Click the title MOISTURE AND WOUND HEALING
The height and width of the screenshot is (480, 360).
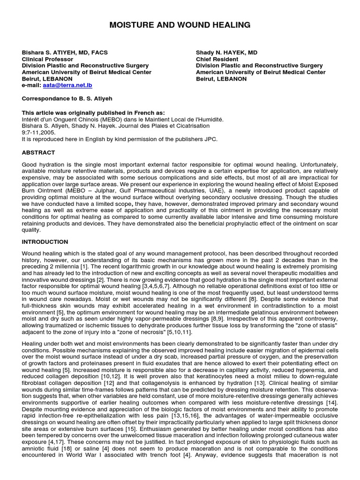pos(180,25)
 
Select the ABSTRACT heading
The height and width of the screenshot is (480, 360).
pos(38,153)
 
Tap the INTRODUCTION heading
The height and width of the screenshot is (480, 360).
pos(45,242)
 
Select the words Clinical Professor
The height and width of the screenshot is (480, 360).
pos(46,60)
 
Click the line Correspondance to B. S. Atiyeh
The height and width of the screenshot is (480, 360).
pos(67,99)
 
